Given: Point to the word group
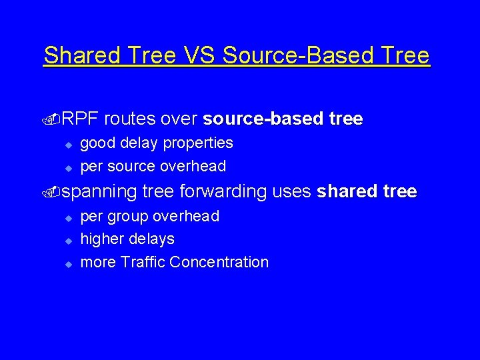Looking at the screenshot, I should pyautogui.click(x=129, y=217).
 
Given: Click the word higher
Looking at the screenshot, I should pyautogui.click(x=102, y=239).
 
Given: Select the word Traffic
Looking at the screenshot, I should pyautogui.click(x=143, y=263).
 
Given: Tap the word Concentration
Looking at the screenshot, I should pyautogui.click(x=219, y=263).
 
